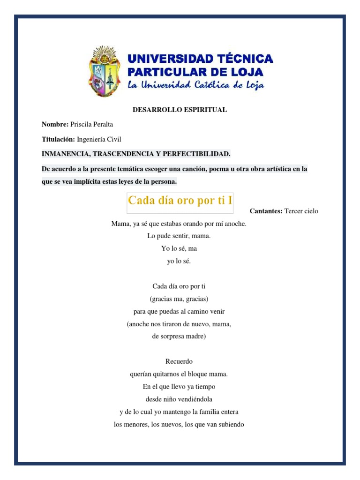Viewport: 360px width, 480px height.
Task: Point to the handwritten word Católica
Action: pyautogui.click(x=221, y=85)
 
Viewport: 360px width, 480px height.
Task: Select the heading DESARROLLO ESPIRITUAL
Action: pyautogui.click(x=180, y=110)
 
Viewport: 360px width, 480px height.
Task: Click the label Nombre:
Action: pyautogui.click(x=55, y=124)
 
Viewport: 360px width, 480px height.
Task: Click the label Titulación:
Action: pyautogui.click(x=58, y=139)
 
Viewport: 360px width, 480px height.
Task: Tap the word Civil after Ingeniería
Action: pyautogui.click(x=113, y=139)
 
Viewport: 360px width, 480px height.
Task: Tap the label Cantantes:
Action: pyautogui.click(x=265, y=211)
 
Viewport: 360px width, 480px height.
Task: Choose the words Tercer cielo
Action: pyautogui.click(x=301, y=211)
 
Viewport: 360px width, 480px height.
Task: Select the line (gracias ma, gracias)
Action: pyautogui.click(x=179, y=299)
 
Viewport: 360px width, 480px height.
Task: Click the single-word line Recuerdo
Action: pyautogui.click(x=179, y=361)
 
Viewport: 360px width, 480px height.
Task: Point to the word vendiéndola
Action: pyautogui.click(x=193, y=399)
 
